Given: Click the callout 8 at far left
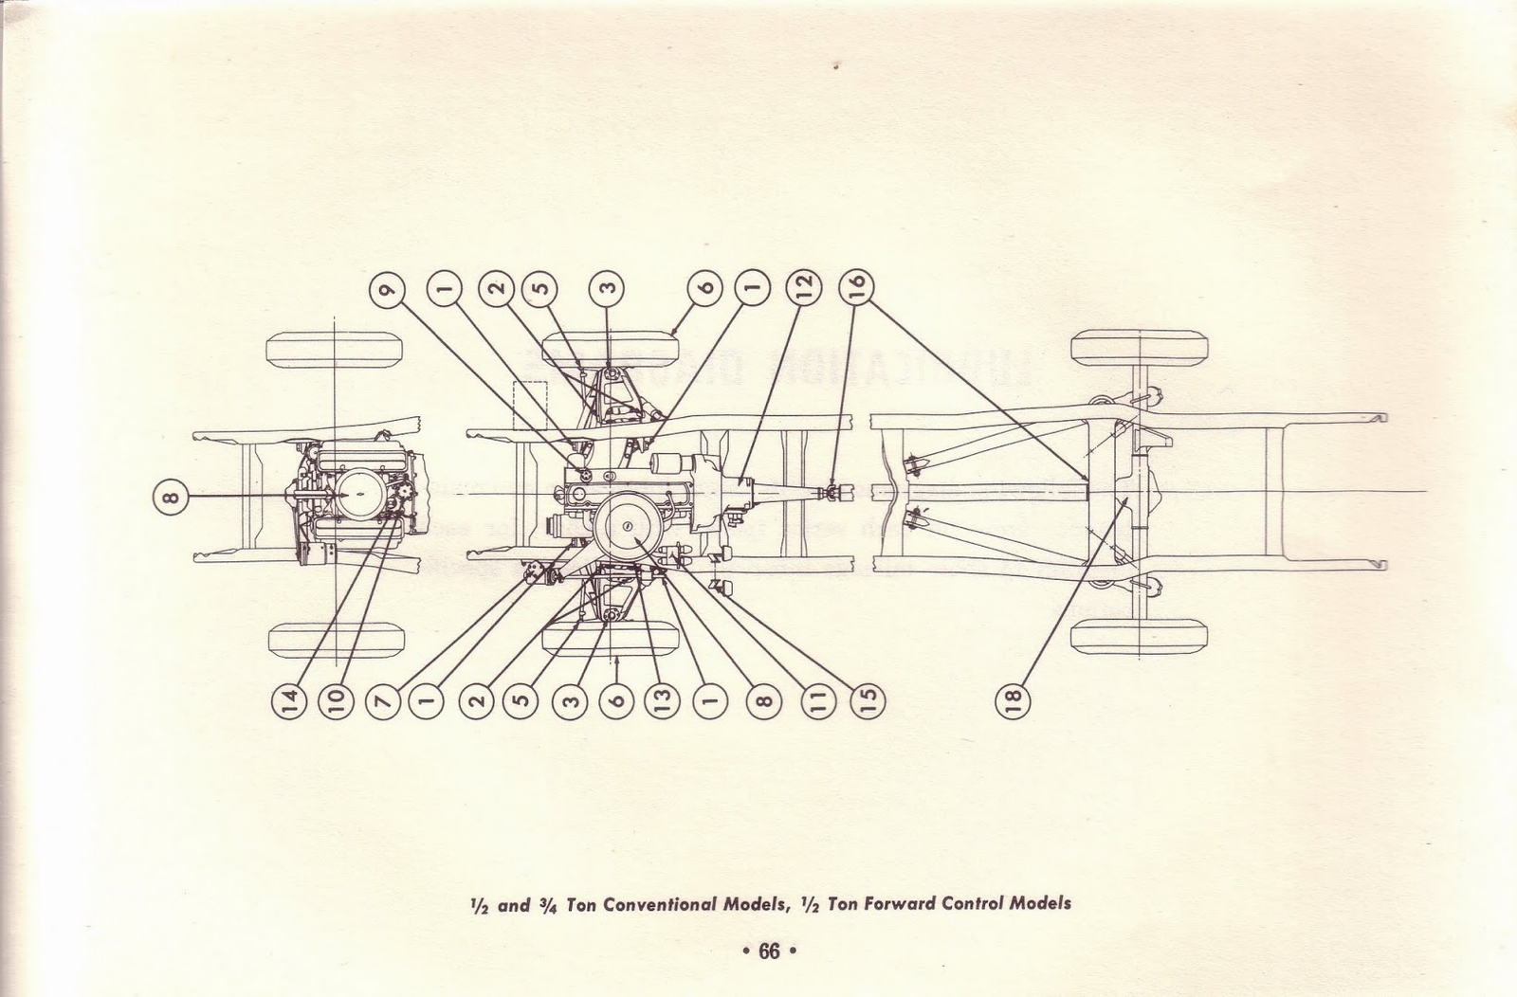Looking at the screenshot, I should (168, 496).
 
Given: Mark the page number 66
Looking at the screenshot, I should (768, 951).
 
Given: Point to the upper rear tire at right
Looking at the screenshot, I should (1140, 346).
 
